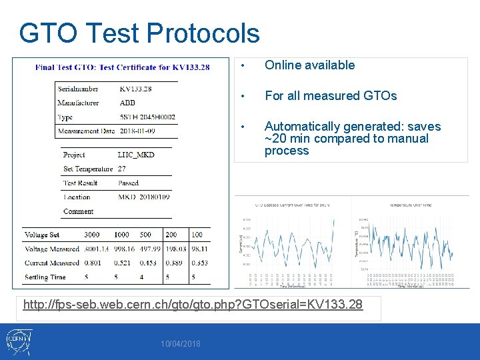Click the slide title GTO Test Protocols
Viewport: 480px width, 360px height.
[139, 33]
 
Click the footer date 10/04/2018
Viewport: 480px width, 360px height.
[181, 343]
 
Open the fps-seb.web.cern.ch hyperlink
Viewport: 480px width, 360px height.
[193, 305]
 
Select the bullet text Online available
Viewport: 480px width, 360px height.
[309, 65]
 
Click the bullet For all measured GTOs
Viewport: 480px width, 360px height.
[330, 96]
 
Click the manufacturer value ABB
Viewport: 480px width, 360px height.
[127, 103]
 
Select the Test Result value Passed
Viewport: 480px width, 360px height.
[128, 183]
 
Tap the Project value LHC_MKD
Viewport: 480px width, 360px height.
[135, 155]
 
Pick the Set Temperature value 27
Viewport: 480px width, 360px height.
[121, 169]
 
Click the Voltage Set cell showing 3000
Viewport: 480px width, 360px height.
[92, 235]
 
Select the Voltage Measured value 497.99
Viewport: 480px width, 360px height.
[149, 249]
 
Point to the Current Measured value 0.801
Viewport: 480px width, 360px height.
[93, 263]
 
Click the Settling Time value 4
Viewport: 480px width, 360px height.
[141, 277]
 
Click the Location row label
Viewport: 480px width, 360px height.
[77, 197]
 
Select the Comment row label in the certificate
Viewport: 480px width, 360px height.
[78, 211]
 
